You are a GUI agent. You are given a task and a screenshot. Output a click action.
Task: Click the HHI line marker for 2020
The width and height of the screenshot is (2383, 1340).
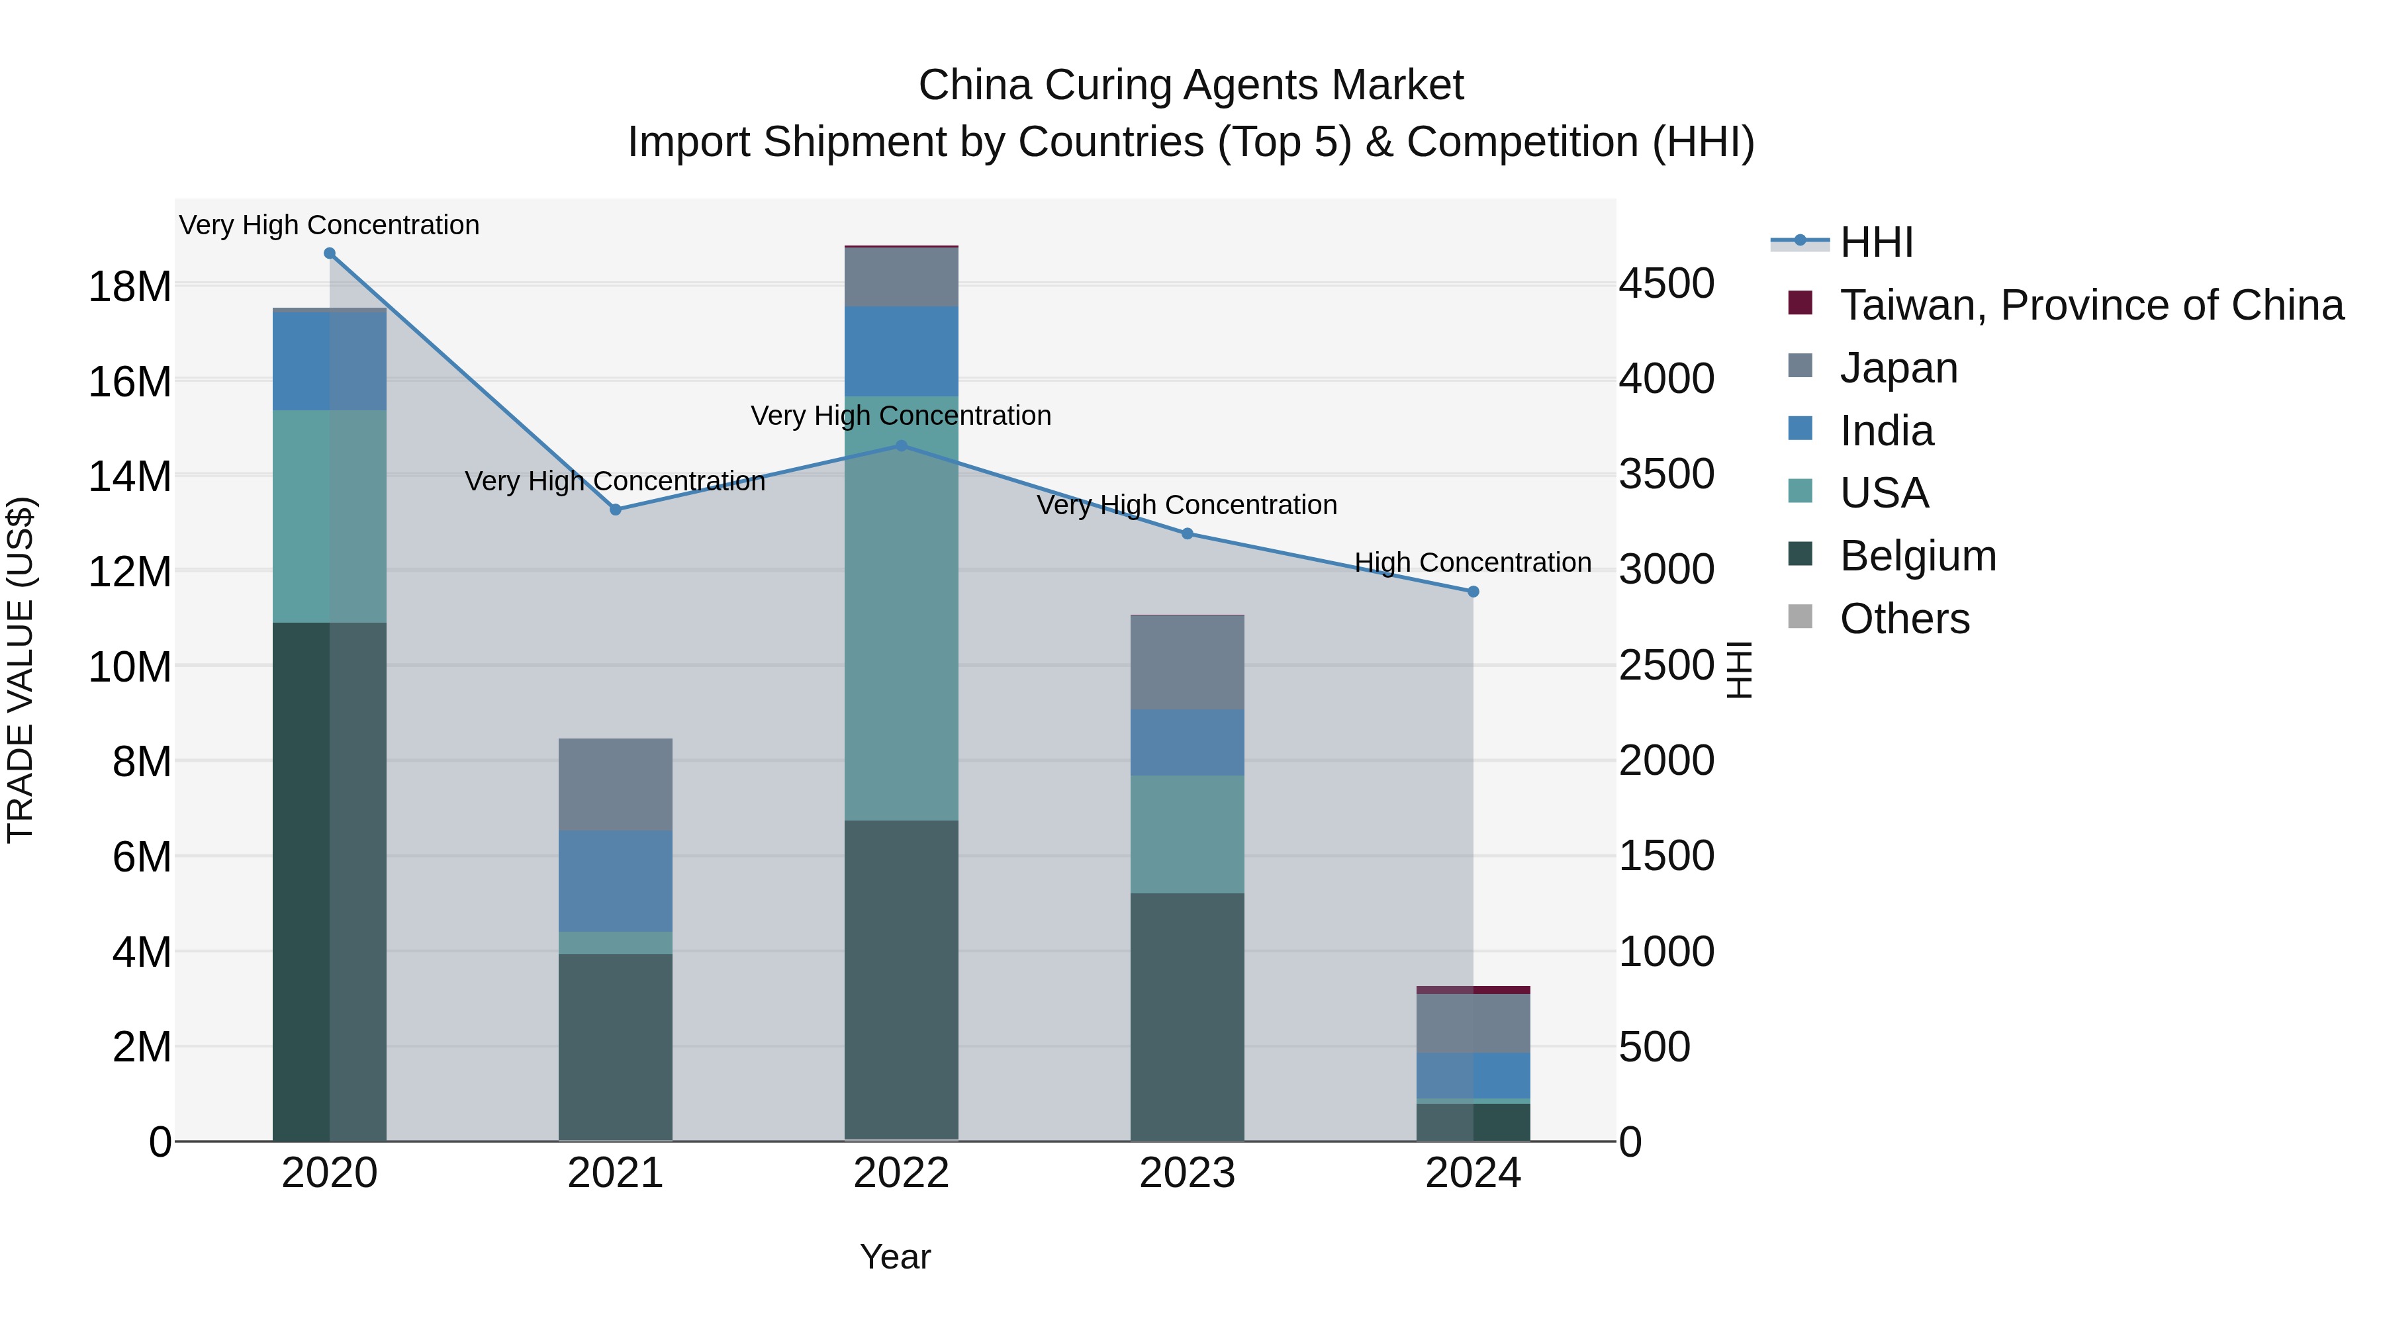pyautogui.click(x=330, y=253)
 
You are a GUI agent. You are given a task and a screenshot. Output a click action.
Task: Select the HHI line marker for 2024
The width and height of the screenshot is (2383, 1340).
pyautogui.click(x=1473, y=592)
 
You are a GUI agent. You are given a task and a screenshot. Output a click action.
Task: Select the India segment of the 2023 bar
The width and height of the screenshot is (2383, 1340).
pyautogui.click(x=1187, y=742)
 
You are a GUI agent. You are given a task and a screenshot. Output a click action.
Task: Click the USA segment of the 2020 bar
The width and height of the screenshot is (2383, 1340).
pyautogui.click(x=330, y=516)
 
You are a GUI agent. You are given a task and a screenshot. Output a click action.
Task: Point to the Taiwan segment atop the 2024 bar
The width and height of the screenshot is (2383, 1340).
pyautogui.click(x=1473, y=989)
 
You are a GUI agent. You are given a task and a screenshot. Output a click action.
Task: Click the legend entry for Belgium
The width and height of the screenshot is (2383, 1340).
pyautogui.click(x=1917, y=556)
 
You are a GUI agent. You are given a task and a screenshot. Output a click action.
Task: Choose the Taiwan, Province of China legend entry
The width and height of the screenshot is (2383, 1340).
pyautogui.click(x=2090, y=305)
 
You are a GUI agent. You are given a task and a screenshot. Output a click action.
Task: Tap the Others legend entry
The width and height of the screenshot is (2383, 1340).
pyautogui.click(x=1904, y=619)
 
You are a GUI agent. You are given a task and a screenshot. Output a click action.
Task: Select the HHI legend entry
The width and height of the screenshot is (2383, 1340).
pyautogui.click(x=1876, y=242)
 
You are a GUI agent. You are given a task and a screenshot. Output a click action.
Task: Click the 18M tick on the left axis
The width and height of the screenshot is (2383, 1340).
pyautogui.click(x=130, y=287)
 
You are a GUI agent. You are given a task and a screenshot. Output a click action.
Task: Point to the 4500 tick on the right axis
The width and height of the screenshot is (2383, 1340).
pyautogui.click(x=1666, y=283)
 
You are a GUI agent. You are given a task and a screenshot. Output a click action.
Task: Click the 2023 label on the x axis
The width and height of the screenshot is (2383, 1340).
pyautogui.click(x=1187, y=1173)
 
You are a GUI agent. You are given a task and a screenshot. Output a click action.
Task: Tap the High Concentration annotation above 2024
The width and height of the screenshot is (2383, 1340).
pyautogui.click(x=1473, y=562)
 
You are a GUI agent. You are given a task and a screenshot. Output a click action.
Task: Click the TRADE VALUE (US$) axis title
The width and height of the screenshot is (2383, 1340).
pyautogui.click(x=21, y=670)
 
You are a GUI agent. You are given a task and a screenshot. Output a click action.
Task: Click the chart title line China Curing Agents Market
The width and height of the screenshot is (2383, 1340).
pyautogui.click(x=1191, y=85)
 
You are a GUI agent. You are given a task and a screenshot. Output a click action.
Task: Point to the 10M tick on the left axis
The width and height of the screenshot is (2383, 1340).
pyautogui.click(x=130, y=667)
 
